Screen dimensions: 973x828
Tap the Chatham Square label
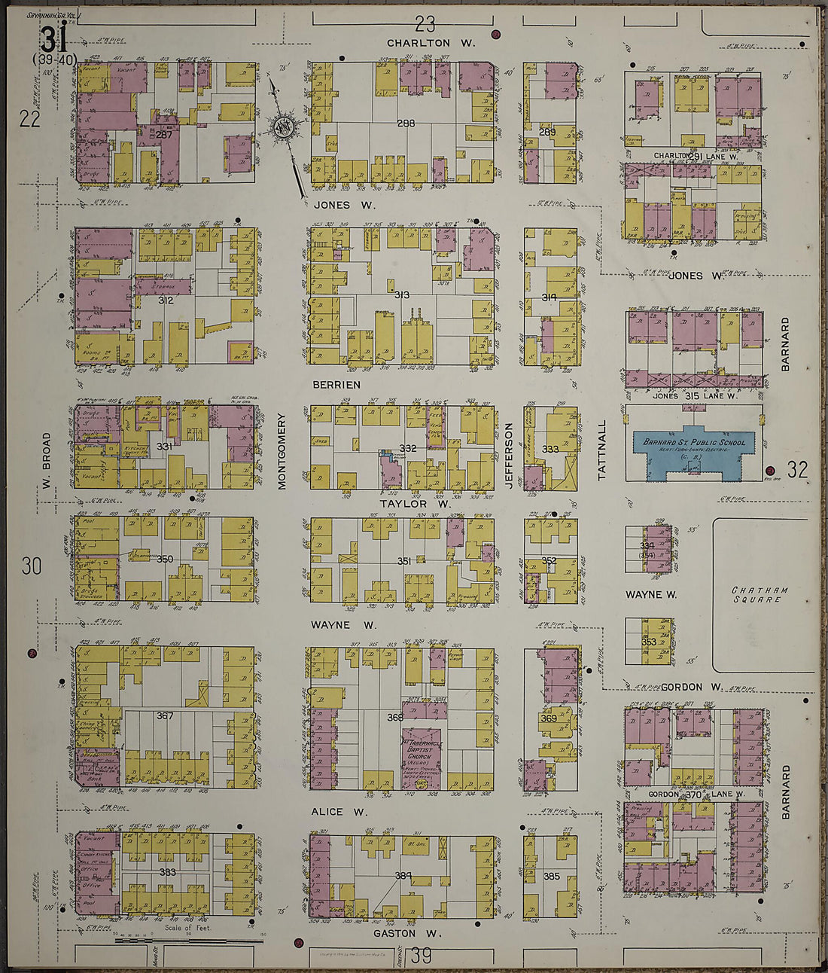click(x=760, y=594)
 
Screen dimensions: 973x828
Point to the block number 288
click(x=406, y=122)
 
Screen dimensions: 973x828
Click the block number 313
click(x=401, y=294)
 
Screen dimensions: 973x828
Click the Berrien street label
click(x=337, y=385)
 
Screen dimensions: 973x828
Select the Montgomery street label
click(x=282, y=451)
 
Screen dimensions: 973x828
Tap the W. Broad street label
click(x=47, y=459)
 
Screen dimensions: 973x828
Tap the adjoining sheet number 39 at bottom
click(x=421, y=956)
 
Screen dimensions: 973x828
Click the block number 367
click(x=164, y=715)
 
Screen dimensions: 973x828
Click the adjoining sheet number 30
click(x=31, y=566)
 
